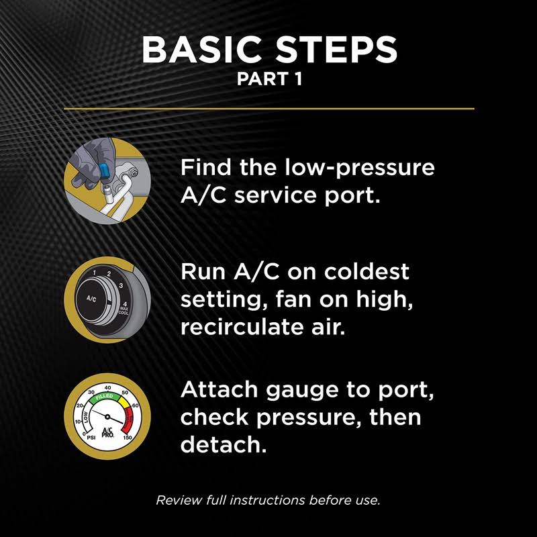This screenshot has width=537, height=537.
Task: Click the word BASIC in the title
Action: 202,49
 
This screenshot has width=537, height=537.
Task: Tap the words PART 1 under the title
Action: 270,79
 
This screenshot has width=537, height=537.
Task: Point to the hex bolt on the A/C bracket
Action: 134,173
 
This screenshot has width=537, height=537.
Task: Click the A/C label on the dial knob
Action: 91,299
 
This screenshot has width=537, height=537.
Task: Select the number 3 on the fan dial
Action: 121,286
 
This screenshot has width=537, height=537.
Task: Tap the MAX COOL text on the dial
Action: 124,311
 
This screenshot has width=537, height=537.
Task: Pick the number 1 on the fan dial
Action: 95,273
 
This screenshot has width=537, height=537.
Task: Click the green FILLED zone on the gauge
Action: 104,397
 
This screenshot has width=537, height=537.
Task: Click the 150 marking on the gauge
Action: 128,438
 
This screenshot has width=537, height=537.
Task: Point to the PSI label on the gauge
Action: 91,438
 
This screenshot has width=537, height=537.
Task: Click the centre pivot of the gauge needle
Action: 107,416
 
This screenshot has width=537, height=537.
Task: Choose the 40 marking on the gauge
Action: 107,388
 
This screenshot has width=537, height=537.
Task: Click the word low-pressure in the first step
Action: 360,168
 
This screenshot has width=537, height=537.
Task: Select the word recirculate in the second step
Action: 242,327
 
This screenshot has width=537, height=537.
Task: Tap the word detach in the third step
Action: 224,444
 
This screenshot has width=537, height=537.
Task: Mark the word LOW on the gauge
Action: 86,416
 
